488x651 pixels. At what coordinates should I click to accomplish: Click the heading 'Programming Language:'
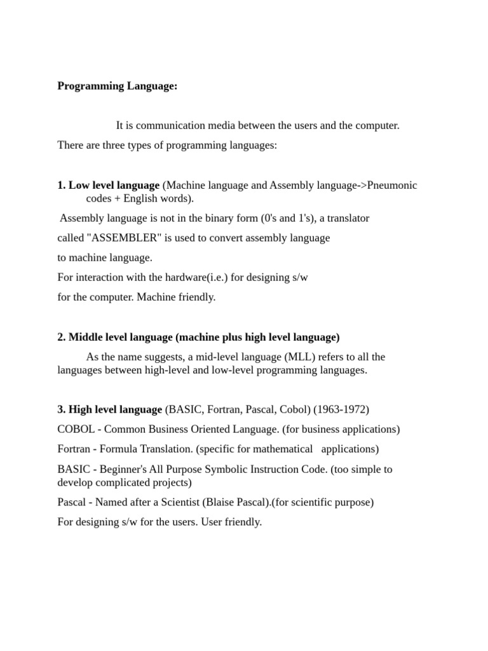pos(117,86)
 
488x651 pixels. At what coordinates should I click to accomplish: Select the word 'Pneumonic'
pos(393,185)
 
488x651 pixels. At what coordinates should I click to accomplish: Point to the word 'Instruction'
pos(297,469)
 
